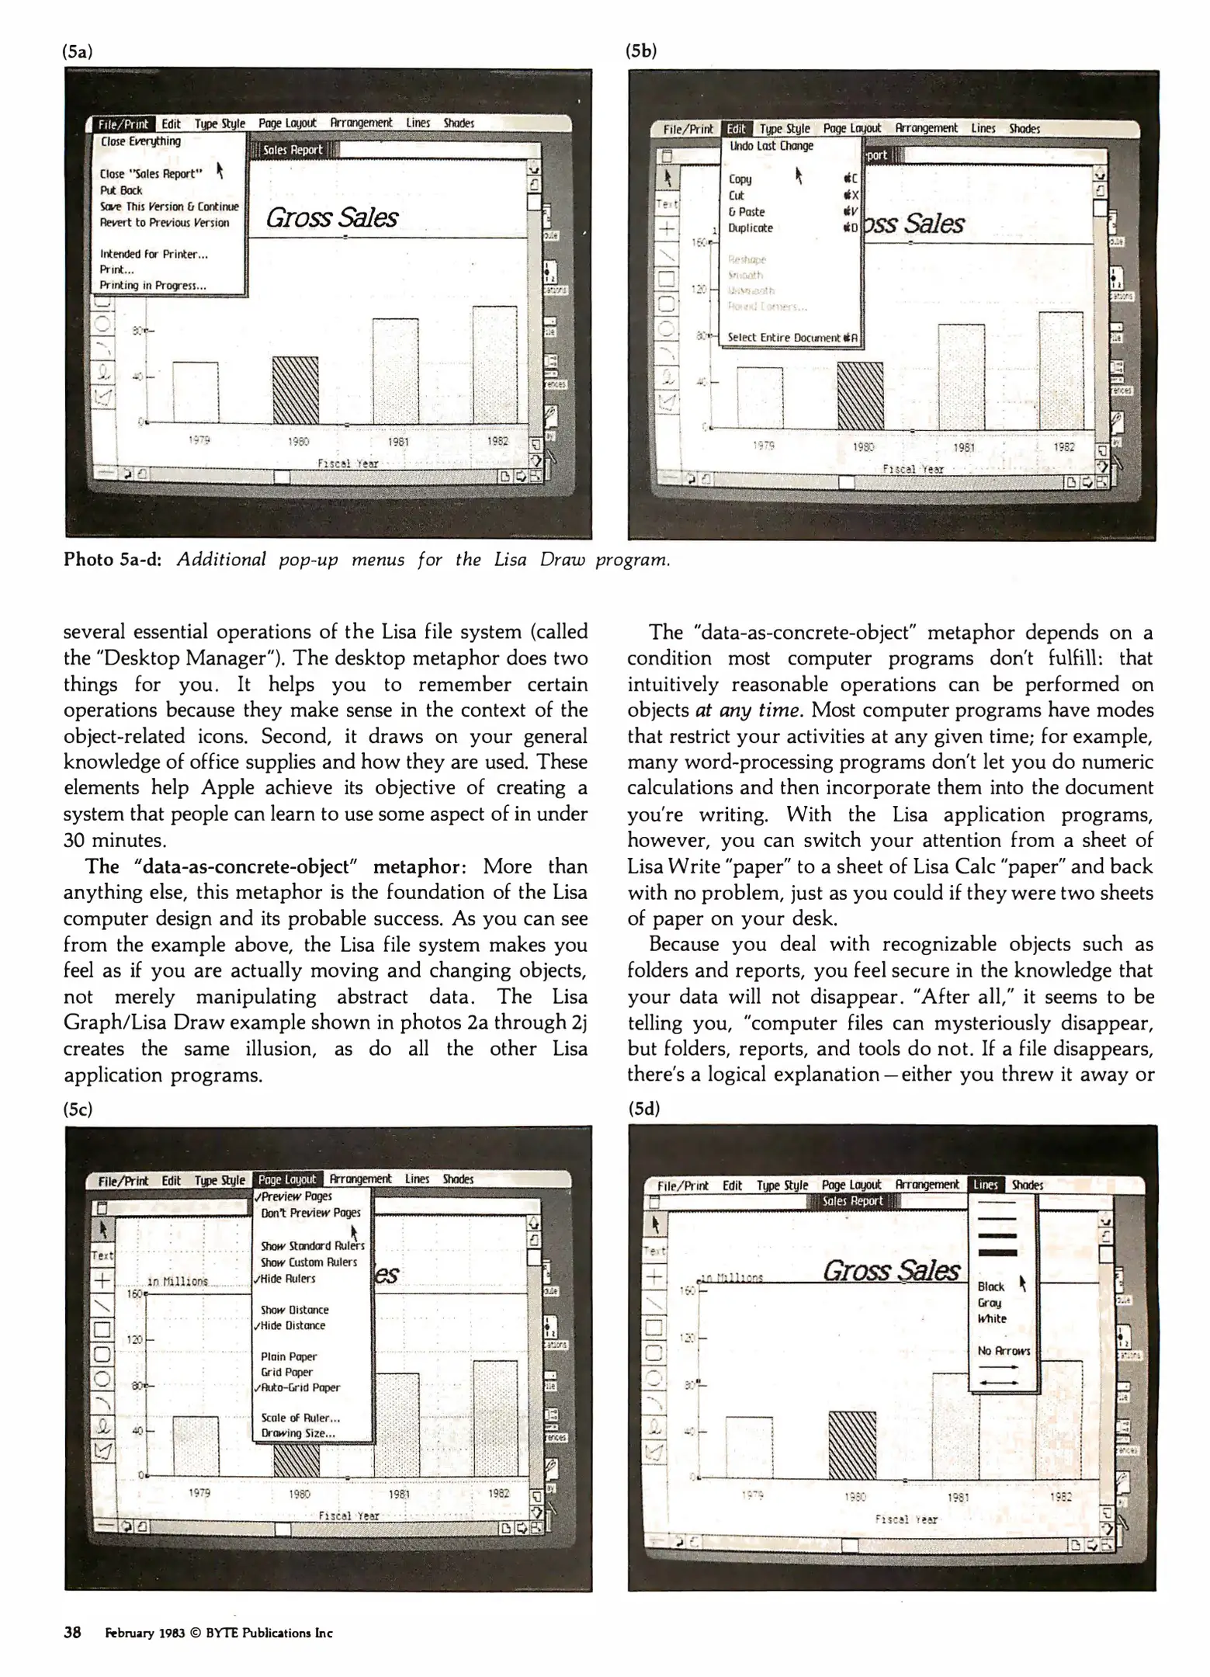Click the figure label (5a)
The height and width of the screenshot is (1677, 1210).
[x=78, y=52]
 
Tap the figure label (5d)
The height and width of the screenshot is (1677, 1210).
[x=643, y=1109]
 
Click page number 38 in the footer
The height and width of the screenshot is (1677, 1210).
[x=72, y=1633]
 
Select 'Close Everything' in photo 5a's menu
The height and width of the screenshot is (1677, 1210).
[x=140, y=141]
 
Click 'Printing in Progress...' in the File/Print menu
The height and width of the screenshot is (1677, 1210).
[x=153, y=286]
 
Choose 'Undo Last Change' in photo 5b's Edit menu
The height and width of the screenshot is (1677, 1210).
[x=771, y=146]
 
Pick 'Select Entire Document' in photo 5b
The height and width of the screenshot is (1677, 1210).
[x=785, y=338]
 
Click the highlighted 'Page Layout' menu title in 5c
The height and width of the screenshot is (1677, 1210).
[x=287, y=1179]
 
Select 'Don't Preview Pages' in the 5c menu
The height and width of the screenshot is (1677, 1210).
[x=310, y=1213]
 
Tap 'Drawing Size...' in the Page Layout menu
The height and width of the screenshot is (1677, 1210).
[x=298, y=1433]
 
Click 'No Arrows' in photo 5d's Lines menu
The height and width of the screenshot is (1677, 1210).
[x=1004, y=1351]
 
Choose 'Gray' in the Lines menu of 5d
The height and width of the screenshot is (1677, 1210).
[x=990, y=1303]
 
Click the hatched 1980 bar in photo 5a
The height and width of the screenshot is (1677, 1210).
[x=296, y=391]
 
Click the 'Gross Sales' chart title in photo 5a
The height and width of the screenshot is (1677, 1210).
[x=331, y=218]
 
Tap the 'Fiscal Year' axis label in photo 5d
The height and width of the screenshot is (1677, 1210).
[x=906, y=1519]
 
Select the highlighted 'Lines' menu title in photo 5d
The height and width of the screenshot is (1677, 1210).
[x=986, y=1185]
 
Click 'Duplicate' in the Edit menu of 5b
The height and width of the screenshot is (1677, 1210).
[x=750, y=228]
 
